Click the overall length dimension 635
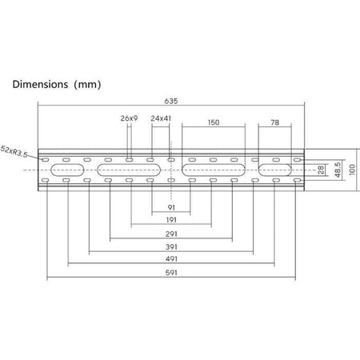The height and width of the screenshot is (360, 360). tap(171, 101)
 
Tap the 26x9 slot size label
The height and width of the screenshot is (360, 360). tap(129, 118)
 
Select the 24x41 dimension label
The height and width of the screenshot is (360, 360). tap(161, 118)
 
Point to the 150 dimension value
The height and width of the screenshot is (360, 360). tap(214, 122)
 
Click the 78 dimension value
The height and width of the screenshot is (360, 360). tap(275, 122)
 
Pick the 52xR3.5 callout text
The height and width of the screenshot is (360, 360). tap(14, 151)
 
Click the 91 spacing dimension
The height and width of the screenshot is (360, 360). tap(171, 207)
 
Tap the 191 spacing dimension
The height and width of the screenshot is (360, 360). tap(171, 220)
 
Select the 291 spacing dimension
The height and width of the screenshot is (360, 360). tap(171, 234)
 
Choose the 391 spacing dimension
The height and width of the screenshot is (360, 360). tap(171, 246)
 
